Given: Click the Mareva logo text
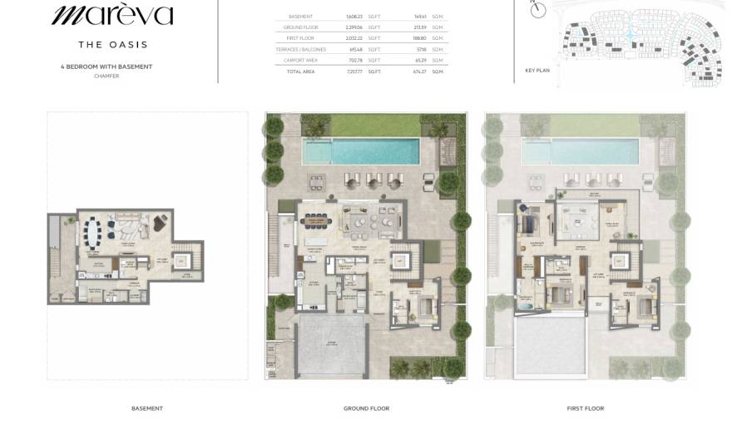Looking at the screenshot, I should pyautogui.click(x=111, y=15).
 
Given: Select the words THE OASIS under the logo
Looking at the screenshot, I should pyautogui.click(x=112, y=45).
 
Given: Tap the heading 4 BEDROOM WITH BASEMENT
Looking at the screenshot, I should pyautogui.click(x=106, y=67).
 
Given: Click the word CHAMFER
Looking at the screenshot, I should pyautogui.click(x=106, y=76).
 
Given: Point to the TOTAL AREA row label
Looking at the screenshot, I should pyautogui.click(x=300, y=72).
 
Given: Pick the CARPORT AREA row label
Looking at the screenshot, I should pyautogui.click(x=300, y=61).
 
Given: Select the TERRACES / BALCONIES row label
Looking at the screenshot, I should pyautogui.click(x=300, y=50).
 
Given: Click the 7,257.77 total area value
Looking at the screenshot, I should pyautogui.click(x=355, y=72).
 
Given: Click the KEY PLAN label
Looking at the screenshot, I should pyautogui.click(x=537, y=71).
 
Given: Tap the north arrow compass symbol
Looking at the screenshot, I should pyautogui.click(x=538, y=10).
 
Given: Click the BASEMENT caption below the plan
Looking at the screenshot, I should pyautogui.click(x=147, y=408).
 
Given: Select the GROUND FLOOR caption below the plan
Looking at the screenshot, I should pyautogui.click(x=366, y=408).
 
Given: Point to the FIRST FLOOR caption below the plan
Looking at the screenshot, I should pyautogui.click(x=586, y=408).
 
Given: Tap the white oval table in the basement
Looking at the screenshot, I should pyautogui.click(x=97, y=229).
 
